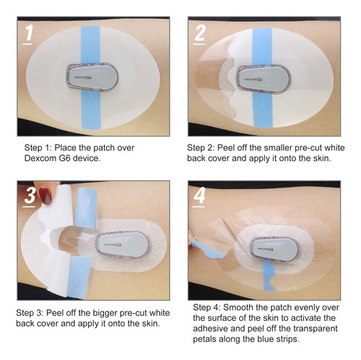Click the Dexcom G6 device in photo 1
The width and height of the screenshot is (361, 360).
point(92,77)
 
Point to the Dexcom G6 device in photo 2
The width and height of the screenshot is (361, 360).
point(264,79)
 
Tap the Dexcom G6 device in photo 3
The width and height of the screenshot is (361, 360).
point(123,244)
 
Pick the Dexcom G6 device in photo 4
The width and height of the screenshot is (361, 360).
point(274,248)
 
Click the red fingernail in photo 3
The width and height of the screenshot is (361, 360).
point(45,195)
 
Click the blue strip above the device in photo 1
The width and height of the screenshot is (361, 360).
point(90,45)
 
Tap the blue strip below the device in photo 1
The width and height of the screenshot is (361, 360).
point(91,110)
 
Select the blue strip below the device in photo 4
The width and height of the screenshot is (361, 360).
point(269,275)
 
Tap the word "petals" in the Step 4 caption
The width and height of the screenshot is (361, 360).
point(205,339)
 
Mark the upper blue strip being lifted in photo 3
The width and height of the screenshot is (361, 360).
point(87,208)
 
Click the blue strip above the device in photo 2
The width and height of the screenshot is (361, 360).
point(263,46)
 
